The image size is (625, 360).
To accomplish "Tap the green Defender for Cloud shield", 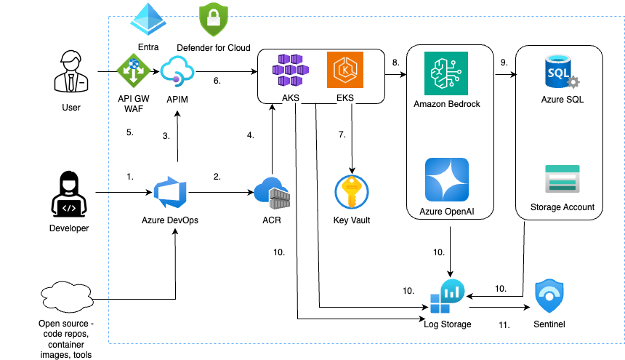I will tap(214, 20).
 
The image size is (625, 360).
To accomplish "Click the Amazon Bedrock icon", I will tap(447, 73).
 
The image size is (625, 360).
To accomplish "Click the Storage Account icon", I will tap(562, 179).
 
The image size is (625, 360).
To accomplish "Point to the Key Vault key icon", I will tap(352, 193).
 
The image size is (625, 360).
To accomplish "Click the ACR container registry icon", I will tap(272, 192).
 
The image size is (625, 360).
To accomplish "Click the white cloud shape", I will tap(76, 297).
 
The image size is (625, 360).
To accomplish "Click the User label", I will tap(71, 108).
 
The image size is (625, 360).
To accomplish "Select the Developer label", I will tap(69, 228).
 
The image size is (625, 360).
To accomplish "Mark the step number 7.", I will tap(342, 135).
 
